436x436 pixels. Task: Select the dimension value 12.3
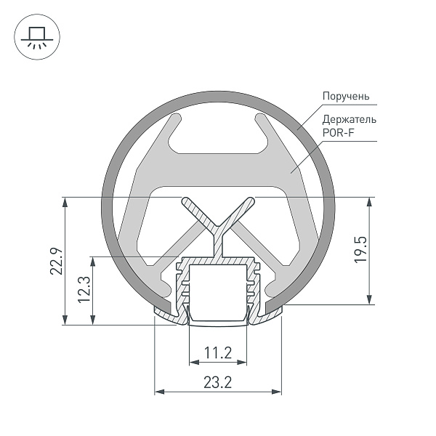[84, 290]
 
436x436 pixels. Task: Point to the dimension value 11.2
[217, 353]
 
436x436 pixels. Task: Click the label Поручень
[346, 96]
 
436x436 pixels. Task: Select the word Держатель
[349, 119]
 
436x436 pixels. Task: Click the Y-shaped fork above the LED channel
[218, 218]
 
